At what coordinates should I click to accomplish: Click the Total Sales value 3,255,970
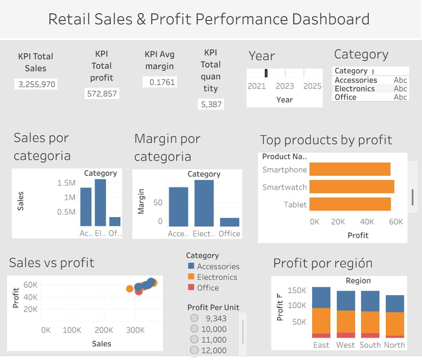(x=35, y=84)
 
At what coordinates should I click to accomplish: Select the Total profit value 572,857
(x=102, y=93)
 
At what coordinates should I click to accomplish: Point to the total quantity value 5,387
(x=210, y=104)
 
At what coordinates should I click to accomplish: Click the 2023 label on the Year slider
(x=285, y=86)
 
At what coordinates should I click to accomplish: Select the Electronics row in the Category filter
(x=354, y=88)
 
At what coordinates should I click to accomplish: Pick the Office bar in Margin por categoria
(x=229, y=222)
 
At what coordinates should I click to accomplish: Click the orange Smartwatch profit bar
(x=353, y=187)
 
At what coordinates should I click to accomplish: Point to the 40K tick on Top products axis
(x=367, y=221)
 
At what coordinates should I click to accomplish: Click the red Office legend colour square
(x=191, y=287)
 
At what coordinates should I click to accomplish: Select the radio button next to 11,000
(x=193, y=340)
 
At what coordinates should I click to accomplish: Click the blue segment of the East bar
(x=321, y=297)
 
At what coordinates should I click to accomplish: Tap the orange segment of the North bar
(x=395, y=324)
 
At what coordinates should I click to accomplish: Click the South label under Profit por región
(x=370, y=345)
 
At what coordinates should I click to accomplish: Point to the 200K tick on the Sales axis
(x=103, y=330)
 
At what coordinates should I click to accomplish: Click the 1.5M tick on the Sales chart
(x=66, y=182)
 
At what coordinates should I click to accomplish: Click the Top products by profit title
(x=326, y=140)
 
